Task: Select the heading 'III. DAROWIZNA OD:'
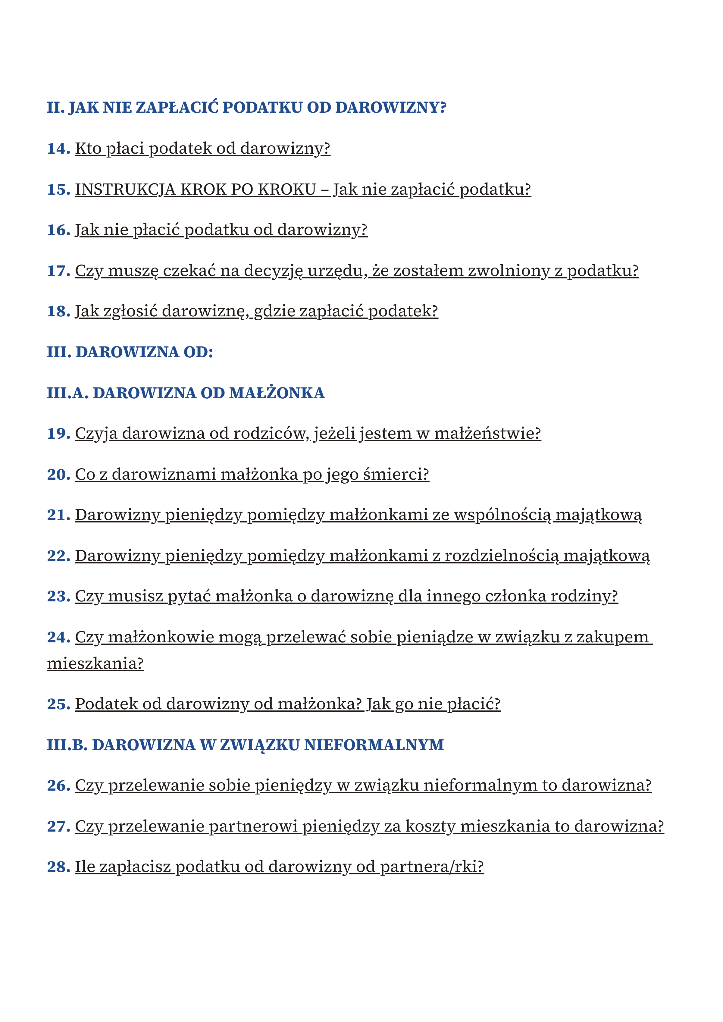click(130, 352)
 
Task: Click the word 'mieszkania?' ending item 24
click(95, 663)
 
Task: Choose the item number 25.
click(58, 704)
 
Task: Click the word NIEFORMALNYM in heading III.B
click(374, 745)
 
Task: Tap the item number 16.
click(58, 230)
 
